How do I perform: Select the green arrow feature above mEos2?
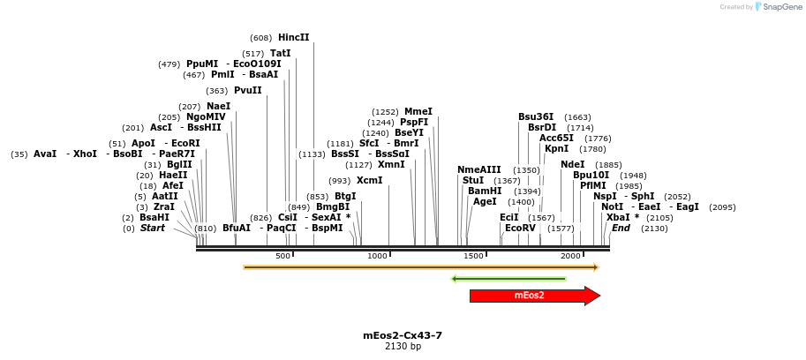[x=508, y=279]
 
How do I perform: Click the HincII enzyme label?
[x=293, y=38]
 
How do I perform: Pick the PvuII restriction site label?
[x=247, y=90]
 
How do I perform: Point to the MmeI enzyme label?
[x=418, y=112]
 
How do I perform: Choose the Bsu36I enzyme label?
[x=536, y=116]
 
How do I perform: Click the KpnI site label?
[x=557, y=148]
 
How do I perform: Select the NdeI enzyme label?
[x=572, y=164]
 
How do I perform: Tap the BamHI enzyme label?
[x=485, y=191]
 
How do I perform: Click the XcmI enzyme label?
[x=370, y=180]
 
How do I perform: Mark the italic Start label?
[x=152, y=228]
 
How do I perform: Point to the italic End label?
[x=621, y=228]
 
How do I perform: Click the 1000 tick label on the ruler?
[x=378, y=256]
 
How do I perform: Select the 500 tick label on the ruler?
[x=282, y=256]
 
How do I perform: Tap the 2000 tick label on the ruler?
[x=570, y=256]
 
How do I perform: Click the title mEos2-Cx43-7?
[x=403, y=335]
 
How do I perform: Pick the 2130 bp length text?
[x=403, y=347]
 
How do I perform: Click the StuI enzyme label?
[x=473, y=180]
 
